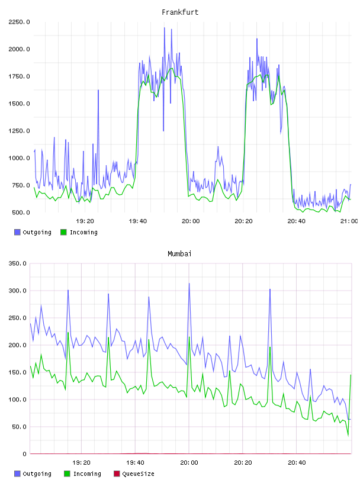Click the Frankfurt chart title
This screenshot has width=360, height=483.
[180, 12]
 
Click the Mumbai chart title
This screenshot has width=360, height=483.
[179, 254]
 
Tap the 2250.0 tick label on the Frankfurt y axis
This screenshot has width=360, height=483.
[19, 22]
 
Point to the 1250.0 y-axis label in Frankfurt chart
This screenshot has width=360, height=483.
[19, 131]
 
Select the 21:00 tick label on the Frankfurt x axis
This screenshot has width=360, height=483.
[349, 221]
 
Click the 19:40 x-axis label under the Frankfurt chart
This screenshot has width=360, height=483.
[138, 221]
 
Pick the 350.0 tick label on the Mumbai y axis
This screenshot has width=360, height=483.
[17, 263]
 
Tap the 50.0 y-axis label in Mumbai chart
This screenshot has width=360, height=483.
[19, 427]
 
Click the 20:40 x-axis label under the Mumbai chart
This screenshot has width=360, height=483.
[297, 462]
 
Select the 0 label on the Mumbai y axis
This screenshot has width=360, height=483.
[24, 454]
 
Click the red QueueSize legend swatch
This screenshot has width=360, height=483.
[117, 474]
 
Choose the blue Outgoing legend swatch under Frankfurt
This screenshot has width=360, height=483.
[17, 232]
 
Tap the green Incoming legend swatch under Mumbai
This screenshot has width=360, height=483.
[67, 474]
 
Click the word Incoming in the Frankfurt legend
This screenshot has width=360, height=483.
[83, 232]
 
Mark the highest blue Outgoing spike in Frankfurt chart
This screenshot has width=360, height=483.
[164, 28]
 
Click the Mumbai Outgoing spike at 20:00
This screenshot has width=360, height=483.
[189, 284]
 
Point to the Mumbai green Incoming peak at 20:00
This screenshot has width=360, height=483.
[189, 337]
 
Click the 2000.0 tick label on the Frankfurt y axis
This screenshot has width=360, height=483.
[19, 49]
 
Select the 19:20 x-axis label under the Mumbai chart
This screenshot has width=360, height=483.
[81, 462]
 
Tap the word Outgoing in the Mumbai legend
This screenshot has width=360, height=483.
[37, 474]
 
